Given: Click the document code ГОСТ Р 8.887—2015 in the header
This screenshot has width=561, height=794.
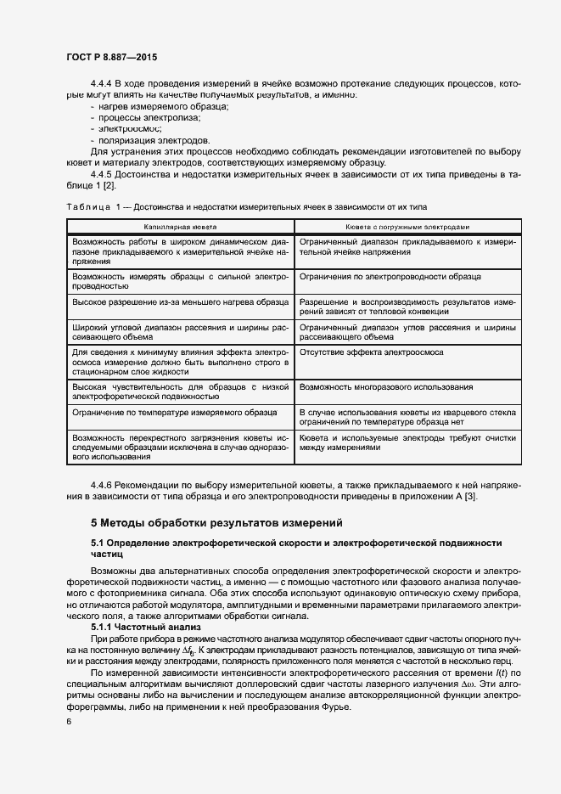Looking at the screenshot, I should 111,57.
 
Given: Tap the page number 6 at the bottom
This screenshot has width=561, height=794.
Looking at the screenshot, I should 69,722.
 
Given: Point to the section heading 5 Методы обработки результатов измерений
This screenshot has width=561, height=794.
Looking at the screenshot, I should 217,522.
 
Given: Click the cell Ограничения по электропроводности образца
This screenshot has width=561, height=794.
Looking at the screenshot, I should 390,277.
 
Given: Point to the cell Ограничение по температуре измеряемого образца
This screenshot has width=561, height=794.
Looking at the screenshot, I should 175,411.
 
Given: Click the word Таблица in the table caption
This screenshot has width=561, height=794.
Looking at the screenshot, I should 86,207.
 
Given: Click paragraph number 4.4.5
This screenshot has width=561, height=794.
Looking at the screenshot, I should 101,174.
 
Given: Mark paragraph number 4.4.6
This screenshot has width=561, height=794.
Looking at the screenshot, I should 101,484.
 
